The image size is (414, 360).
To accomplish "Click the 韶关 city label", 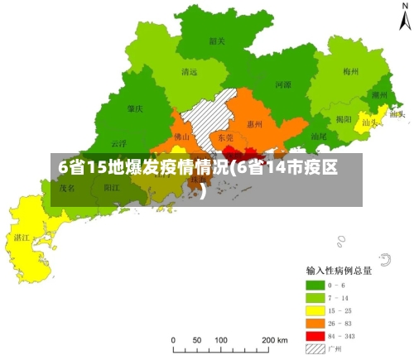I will click(217, 41).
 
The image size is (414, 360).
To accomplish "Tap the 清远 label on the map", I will click(190, 72).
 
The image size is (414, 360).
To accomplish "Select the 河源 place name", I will click(282, 84).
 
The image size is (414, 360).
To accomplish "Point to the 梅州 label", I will click(350, 72).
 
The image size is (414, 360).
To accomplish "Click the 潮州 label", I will click(380, 95).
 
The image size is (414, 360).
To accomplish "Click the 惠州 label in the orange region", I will click(255, 125).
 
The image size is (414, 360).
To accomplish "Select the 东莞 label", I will click(225, 137).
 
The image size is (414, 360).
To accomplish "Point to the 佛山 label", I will click(182, 137).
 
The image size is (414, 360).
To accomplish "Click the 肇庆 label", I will click(135, 108).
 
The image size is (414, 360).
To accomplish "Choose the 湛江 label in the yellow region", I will click(22, 237).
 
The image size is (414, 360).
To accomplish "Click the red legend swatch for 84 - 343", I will click(315, 336).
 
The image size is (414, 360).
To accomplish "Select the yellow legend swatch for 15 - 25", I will click(315, 310).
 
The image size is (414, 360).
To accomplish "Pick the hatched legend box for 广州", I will click(315, 349).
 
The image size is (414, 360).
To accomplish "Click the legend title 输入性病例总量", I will click(339, 270).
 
